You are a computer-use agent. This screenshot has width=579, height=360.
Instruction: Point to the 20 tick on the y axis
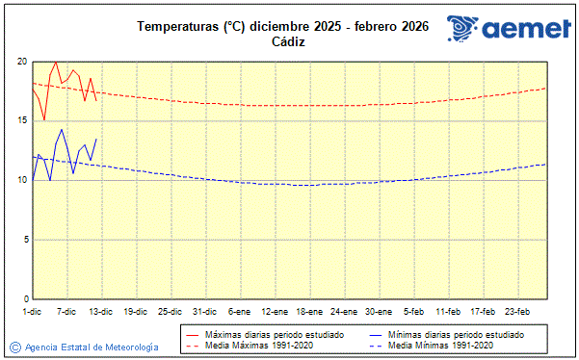point(21,62)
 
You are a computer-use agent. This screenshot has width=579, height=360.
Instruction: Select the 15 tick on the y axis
point(21,120)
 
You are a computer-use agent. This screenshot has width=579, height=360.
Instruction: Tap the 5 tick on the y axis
point(24,240)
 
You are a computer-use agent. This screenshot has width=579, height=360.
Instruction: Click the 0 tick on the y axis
point(24,299)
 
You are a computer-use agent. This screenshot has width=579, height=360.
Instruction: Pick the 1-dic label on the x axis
point(32,312)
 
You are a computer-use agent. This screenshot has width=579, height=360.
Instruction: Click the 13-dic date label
point(101,312)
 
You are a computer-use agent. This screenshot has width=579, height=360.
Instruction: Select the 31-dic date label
point(204,312)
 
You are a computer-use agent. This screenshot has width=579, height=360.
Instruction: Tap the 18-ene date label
point(308,312)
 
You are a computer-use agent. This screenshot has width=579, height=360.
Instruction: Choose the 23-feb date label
point(517,312)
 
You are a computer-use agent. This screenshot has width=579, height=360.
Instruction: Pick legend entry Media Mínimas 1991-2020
point(440,345)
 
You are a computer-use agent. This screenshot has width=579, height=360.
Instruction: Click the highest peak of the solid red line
point(56,62)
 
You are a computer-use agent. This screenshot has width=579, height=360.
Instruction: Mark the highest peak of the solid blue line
point(62,129)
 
